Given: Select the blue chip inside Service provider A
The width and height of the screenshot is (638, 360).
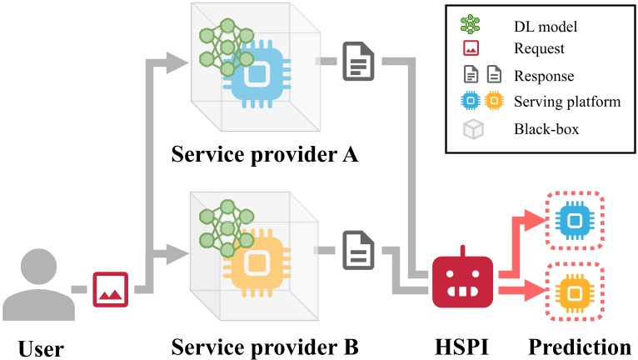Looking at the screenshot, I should [x=257, y=72].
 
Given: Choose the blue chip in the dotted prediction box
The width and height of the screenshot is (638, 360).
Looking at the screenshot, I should [x=573, y=221].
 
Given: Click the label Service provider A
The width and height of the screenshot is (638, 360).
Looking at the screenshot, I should [x=263, y=155].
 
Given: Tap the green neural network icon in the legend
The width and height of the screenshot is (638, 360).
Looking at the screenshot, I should [x=471, y=26].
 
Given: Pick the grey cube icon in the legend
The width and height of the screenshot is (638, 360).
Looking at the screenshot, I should [x=471, y=129].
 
